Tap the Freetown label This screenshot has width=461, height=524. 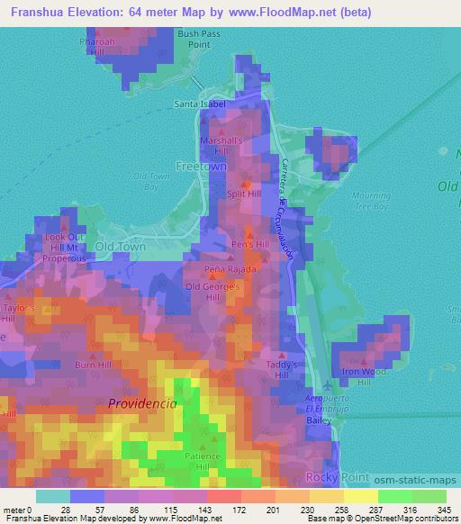(202, 167)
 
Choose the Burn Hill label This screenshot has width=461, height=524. (94, 366)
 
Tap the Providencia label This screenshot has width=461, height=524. (142, 404)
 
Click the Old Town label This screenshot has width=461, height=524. (120, 246)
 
